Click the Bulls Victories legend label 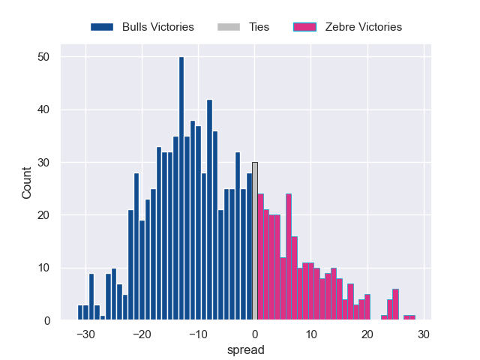[157, 27]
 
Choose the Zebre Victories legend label [363, 27]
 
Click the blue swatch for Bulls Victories [102, 27]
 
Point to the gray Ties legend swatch [229, 27]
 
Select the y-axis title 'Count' [27, 182]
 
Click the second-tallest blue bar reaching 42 [209, 210]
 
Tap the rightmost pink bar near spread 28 [412, 318]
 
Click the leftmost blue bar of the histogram [80, 313]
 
